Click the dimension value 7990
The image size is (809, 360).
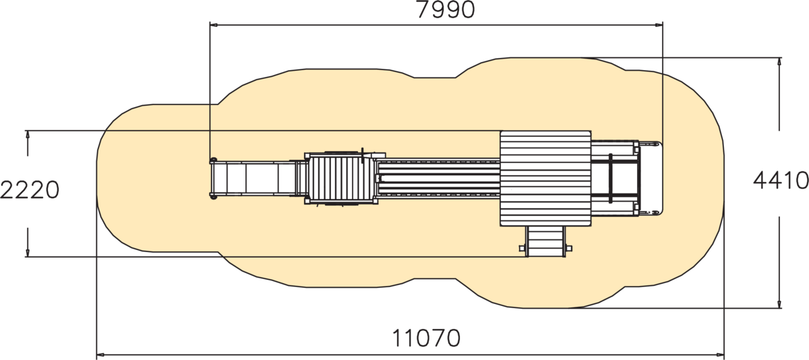click(x=446, y=10)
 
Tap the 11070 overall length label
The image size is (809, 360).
click(x=426, y=338)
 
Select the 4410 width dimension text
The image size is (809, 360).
click(x=781, y=180)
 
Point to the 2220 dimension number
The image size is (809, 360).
click(x=29, y=190)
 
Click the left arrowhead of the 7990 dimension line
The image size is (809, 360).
click(x=214, y=25)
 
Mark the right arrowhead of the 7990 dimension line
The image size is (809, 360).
click(x=659, y=25)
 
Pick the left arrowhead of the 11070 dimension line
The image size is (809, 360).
click(x=100, y=355)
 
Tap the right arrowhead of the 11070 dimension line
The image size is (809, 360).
click(x=720, y=355)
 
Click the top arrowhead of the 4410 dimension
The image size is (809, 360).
click(x=779, y=62)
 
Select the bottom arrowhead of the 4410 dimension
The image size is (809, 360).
click(x=779, y=304)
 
